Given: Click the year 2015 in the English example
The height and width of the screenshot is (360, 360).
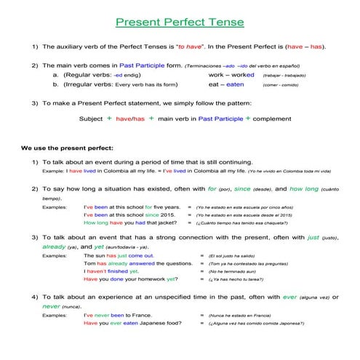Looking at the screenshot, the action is point(167,215).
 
